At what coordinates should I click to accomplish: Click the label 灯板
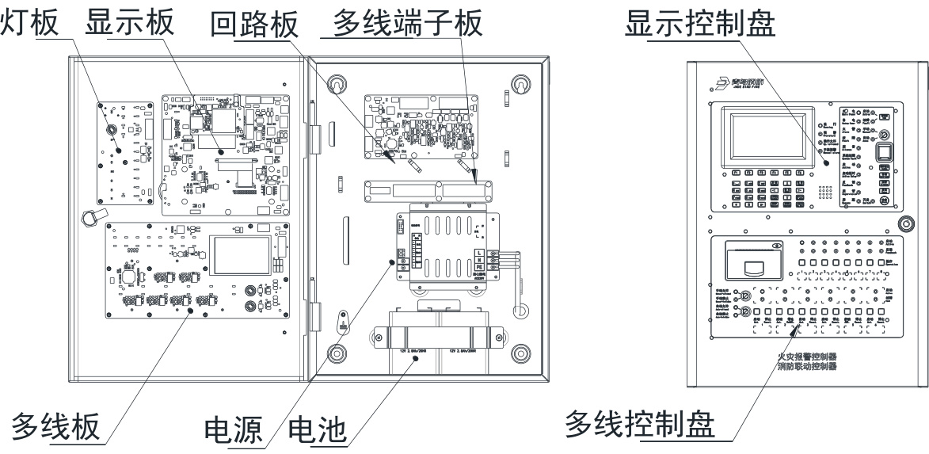coord(29,21)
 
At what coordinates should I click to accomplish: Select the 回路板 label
coord(254,23)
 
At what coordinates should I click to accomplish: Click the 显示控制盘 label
coord(699,21)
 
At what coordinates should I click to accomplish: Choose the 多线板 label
coord(55,426)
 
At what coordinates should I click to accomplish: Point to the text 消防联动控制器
coord(807,367)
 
